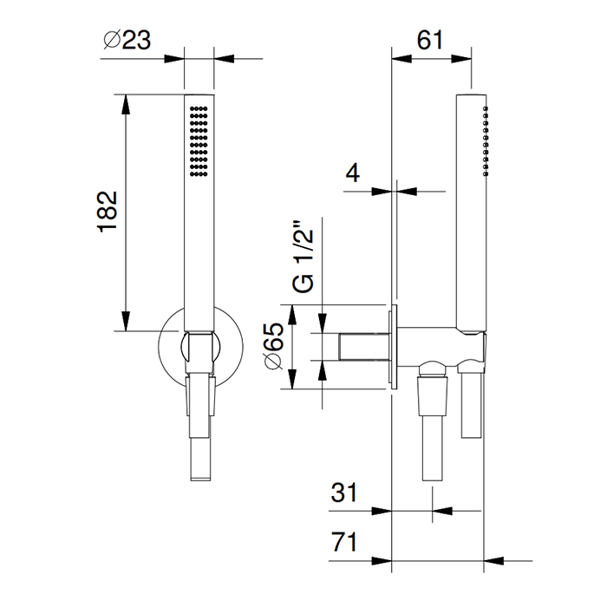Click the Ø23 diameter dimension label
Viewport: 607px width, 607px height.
click(127, 40)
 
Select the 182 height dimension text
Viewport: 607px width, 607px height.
click(108, 212)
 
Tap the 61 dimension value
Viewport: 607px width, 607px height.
click(429, 40)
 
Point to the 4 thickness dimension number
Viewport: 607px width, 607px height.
click(352, 173)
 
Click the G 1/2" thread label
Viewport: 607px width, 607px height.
click(303, 257)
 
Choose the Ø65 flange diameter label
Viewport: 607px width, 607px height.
click(273, 346)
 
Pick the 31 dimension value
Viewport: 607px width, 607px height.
click(343, 493)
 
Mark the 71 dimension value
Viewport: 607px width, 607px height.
click(343, 542)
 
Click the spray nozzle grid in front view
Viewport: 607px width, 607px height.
click(199, 141)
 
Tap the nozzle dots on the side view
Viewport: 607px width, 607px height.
click(486, 141)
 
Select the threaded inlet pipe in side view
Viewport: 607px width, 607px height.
click(364, 347)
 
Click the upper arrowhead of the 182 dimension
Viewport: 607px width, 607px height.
click(126, 105)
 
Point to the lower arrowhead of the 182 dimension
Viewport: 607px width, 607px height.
click(126, 321)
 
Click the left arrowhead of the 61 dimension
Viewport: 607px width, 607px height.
click(401, 59)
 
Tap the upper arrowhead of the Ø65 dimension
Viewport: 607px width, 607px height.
click(292, 315)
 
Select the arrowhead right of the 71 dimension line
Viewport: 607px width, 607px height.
click(494, 560)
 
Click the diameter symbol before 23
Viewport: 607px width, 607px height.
click(112, 40)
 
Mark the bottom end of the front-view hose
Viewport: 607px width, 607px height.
click(200, 480)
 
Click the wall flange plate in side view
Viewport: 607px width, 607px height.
click(394, 347)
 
